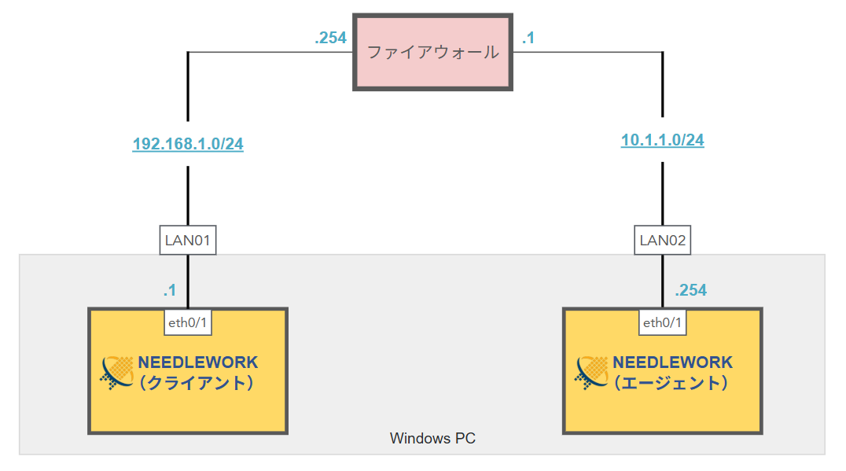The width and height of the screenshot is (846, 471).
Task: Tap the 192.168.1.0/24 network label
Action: click(188, 144)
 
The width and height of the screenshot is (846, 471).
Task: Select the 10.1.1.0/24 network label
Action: click(662, 141)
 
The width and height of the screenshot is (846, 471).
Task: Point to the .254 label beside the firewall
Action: click(330, 37)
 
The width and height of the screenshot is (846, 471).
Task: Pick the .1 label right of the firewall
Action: click(528, 37)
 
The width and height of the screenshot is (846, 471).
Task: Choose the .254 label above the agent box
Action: click(690, 290)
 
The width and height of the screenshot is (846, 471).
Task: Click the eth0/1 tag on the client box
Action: click(187, 322)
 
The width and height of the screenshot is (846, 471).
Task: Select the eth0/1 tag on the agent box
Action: click(662, 322)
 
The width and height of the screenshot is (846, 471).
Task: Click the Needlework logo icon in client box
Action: click(118, 373)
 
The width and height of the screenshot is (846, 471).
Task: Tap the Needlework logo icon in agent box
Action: click(593, 373)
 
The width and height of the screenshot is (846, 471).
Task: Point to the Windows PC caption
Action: click(432, 438)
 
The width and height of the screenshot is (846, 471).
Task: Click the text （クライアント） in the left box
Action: click(198, 384)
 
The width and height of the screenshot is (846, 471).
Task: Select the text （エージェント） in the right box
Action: click(672, 384)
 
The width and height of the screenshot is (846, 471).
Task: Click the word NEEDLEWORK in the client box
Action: click(198, 362)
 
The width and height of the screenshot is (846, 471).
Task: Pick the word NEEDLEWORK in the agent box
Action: click(672, 362)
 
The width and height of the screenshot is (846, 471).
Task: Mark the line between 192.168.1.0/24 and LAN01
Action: click(188, 197)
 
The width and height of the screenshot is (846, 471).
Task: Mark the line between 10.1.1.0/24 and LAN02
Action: click(662, 194)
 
